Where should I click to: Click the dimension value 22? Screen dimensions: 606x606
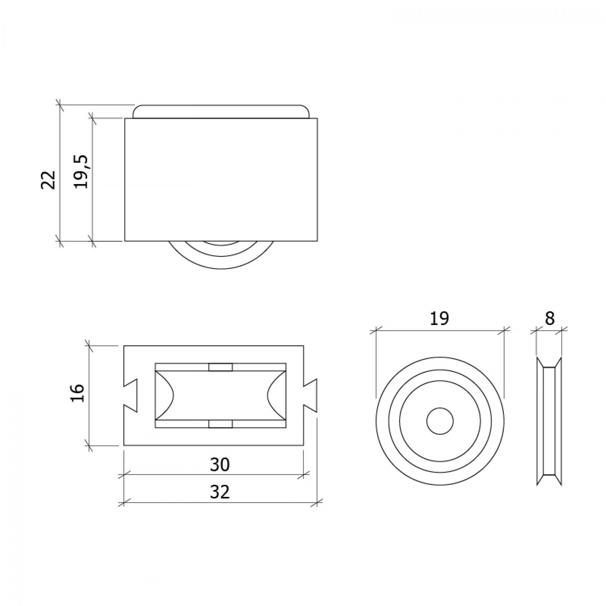[48, 180]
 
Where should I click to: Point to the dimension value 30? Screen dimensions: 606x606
[220, 465]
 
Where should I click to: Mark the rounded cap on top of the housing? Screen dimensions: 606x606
[221, 111]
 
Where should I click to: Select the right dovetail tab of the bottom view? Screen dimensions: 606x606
[310, 395]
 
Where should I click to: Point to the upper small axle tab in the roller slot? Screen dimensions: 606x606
[220, 367]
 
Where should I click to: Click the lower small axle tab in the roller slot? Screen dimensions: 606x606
[220, 424]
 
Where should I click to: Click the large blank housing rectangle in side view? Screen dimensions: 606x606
[221, 180]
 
